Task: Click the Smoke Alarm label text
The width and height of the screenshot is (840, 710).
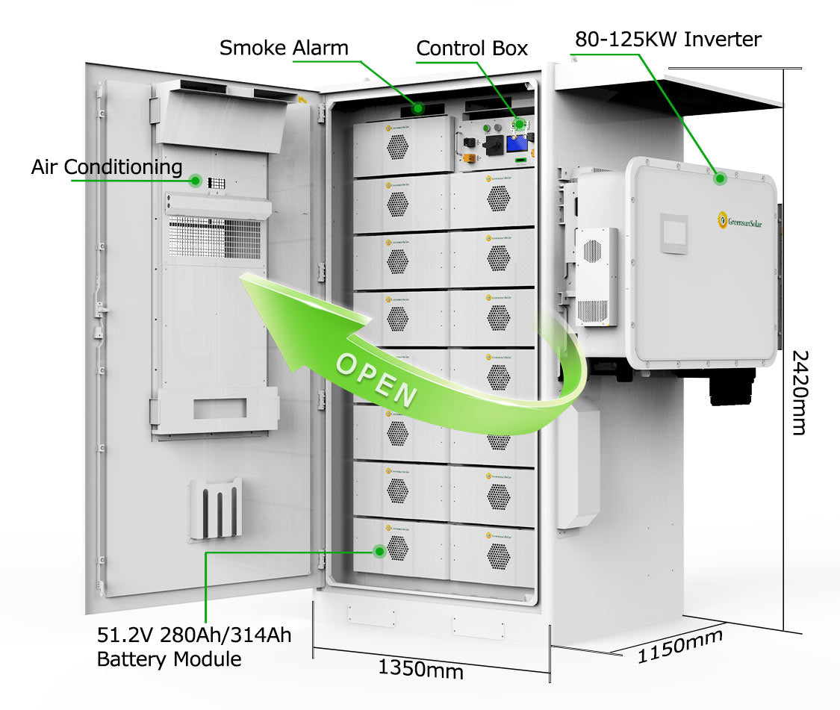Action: pyautogui.click(x=284, y=48)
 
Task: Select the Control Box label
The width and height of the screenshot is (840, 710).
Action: pyautogui.click(x=472, y=49)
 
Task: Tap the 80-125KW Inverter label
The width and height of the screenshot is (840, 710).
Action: pyautogui.click(x=668, y=39)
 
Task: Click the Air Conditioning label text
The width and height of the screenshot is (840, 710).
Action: pyautogui.click(x=106, y=166)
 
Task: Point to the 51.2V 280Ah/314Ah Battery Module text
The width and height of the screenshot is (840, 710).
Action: pyautogui.click(x=194, y=647)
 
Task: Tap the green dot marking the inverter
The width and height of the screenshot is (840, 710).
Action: pyautogui.click(x=721, y=178)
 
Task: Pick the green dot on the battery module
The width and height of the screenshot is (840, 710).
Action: pyautogui.click(x=379, y=552)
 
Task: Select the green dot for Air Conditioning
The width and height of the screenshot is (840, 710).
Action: pyautogui.click(x=196, y=180)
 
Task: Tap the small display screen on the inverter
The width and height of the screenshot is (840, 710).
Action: pyautogui.click(x=673, y=234)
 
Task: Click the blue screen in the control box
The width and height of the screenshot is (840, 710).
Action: pyautogui.click(x=517, y=145)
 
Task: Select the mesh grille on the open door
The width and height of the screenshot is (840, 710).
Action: pyautogui.click(x=216, y=237)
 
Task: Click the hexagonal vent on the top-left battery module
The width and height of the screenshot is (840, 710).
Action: pyautogui.click(x=398, y=147)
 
